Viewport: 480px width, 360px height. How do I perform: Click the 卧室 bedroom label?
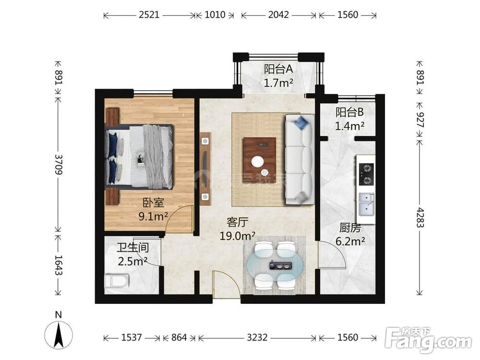154,203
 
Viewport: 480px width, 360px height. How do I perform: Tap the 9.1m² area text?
153,216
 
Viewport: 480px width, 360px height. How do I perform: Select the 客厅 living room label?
238,222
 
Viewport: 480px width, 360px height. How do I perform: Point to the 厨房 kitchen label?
350,228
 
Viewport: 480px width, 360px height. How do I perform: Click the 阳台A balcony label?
278,69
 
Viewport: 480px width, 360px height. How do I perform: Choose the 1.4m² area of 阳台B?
349,126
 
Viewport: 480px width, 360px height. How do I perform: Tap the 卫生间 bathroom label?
133,247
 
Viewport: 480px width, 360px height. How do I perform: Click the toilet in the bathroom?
117,281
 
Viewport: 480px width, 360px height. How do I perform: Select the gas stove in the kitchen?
366,175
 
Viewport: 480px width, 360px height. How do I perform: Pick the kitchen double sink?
366,204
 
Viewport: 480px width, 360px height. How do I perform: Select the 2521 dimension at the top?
149,15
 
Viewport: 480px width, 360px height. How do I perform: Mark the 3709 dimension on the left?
59,164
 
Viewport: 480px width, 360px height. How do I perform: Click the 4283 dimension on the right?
420,217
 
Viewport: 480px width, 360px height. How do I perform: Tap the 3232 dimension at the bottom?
257,337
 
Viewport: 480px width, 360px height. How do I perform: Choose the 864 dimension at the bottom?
179,337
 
